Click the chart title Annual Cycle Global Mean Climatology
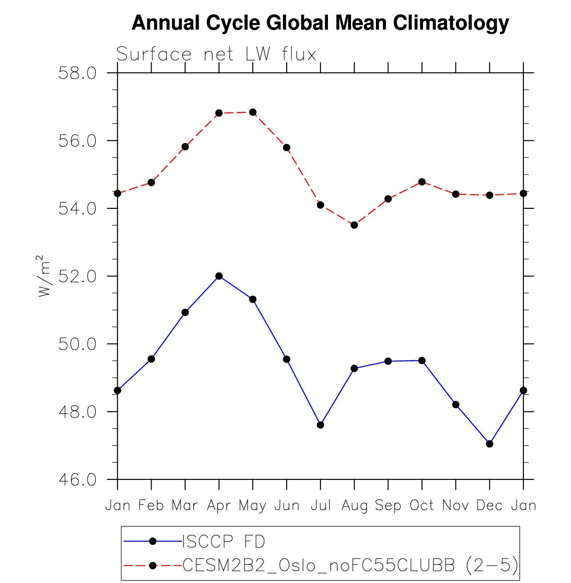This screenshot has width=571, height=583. [x=320, y=23]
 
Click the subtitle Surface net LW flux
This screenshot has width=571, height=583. [x=216, y=54]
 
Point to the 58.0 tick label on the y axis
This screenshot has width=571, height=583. [x=77, y=73]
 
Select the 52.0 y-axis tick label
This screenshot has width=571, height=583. [x=77, y=276]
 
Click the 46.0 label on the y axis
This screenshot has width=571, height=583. [x=77, y=480]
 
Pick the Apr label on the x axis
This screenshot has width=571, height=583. [x=219, y=505]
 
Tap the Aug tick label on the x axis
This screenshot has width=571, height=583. [x=354, y=505]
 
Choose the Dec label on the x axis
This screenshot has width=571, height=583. [x=489, y=505]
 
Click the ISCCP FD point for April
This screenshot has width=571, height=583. [x=219, y=276]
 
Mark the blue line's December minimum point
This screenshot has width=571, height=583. [x=489, y=443]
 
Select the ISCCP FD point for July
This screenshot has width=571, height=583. [x=320, y=425]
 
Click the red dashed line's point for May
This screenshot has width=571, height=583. [x=252, y=112]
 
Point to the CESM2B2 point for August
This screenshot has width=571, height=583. [x=354, y=225]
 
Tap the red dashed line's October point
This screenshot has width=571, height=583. [x=422, y=182]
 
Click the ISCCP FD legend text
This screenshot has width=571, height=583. [x=224, y=542]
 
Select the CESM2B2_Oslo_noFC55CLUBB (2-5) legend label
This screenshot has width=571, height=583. [x=350, y=565]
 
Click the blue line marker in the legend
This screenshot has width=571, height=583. [x=152, y=541]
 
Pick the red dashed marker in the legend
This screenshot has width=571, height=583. [x=152, y=565]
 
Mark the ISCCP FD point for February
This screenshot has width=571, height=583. [x=151, y=359]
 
